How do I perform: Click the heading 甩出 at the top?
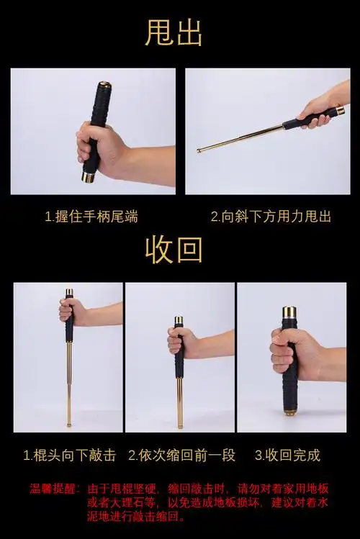pyautogui.click(x=174, y=33)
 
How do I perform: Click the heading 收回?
pyautogui.click(x=174, y=249)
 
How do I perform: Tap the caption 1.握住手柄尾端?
pyautogui.click(x=91, y=216)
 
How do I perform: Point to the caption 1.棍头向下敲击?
pyautogui.click(x=69, y=455)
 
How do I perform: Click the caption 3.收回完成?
pyautogui.click(x=287, y=455)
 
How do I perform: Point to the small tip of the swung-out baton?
pyautogui.click(x=199, y=150)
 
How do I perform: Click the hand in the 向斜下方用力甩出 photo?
pyautogui.click(x=317, y=111)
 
